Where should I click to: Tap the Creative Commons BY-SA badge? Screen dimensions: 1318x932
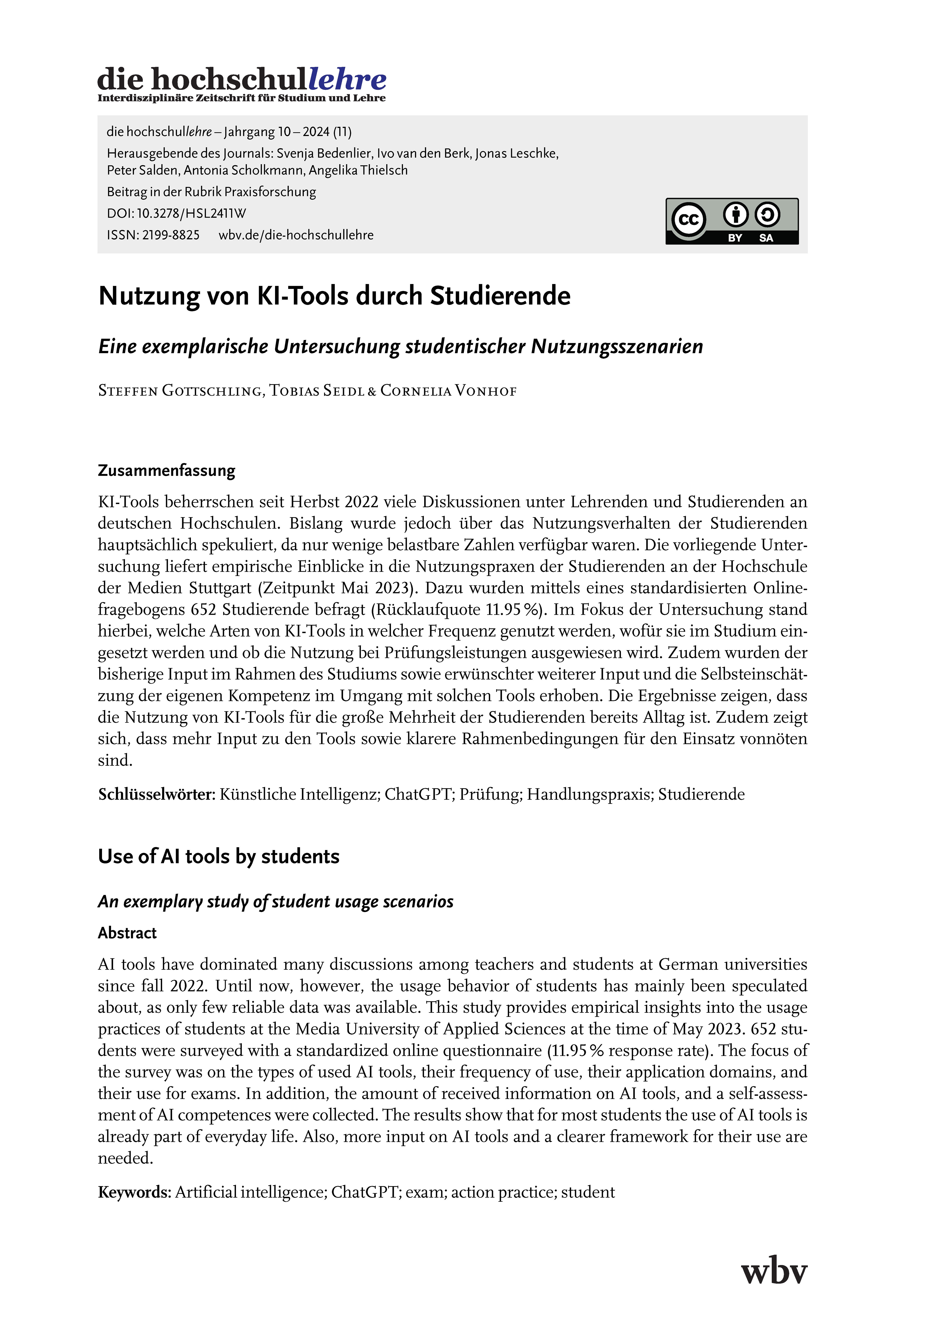(732, 221)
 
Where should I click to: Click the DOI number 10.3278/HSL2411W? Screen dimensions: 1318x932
(191, 214)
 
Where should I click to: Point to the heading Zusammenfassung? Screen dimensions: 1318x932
(167, 471)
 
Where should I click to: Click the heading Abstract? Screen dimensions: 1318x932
(127, 933)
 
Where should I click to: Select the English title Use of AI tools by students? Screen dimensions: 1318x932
(219, 856)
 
